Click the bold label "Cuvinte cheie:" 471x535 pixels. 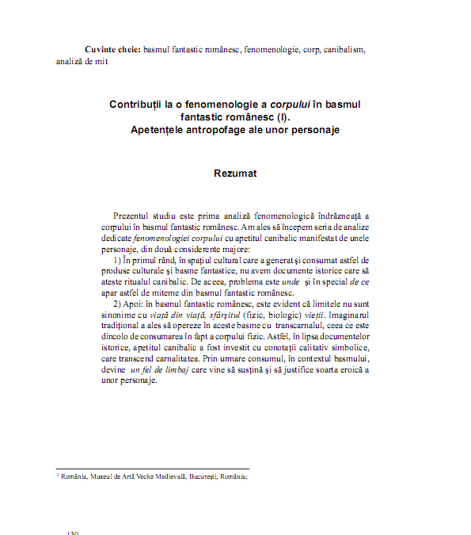coord(112,49)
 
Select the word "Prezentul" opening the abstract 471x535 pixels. coord(135,216)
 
